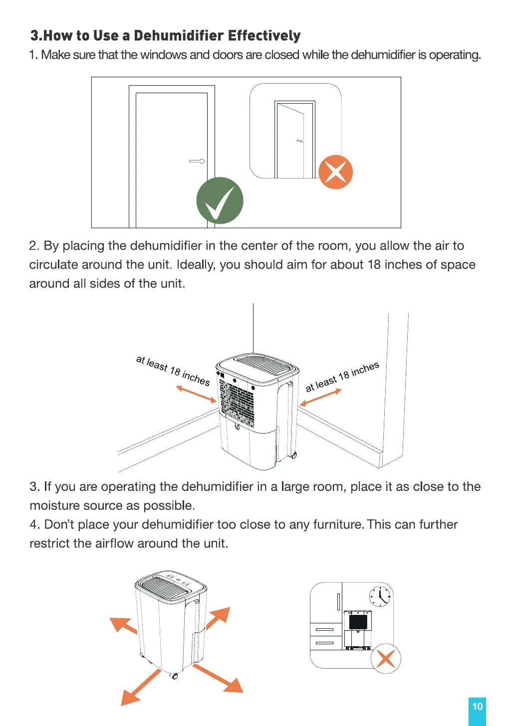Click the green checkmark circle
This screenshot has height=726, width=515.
coord(220,200)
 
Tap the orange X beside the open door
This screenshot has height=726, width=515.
coord(335,172)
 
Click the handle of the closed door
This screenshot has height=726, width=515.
coord(197,161)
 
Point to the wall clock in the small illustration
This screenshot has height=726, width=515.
coord(380,595)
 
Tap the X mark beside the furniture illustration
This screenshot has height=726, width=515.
coord(386,658)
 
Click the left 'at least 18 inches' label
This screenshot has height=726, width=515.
coord(173,370)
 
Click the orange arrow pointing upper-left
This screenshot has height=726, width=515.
coord(122,625)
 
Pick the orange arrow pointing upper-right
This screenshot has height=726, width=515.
coord(219,618)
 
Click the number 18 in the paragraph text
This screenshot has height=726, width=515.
coord(374,265)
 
